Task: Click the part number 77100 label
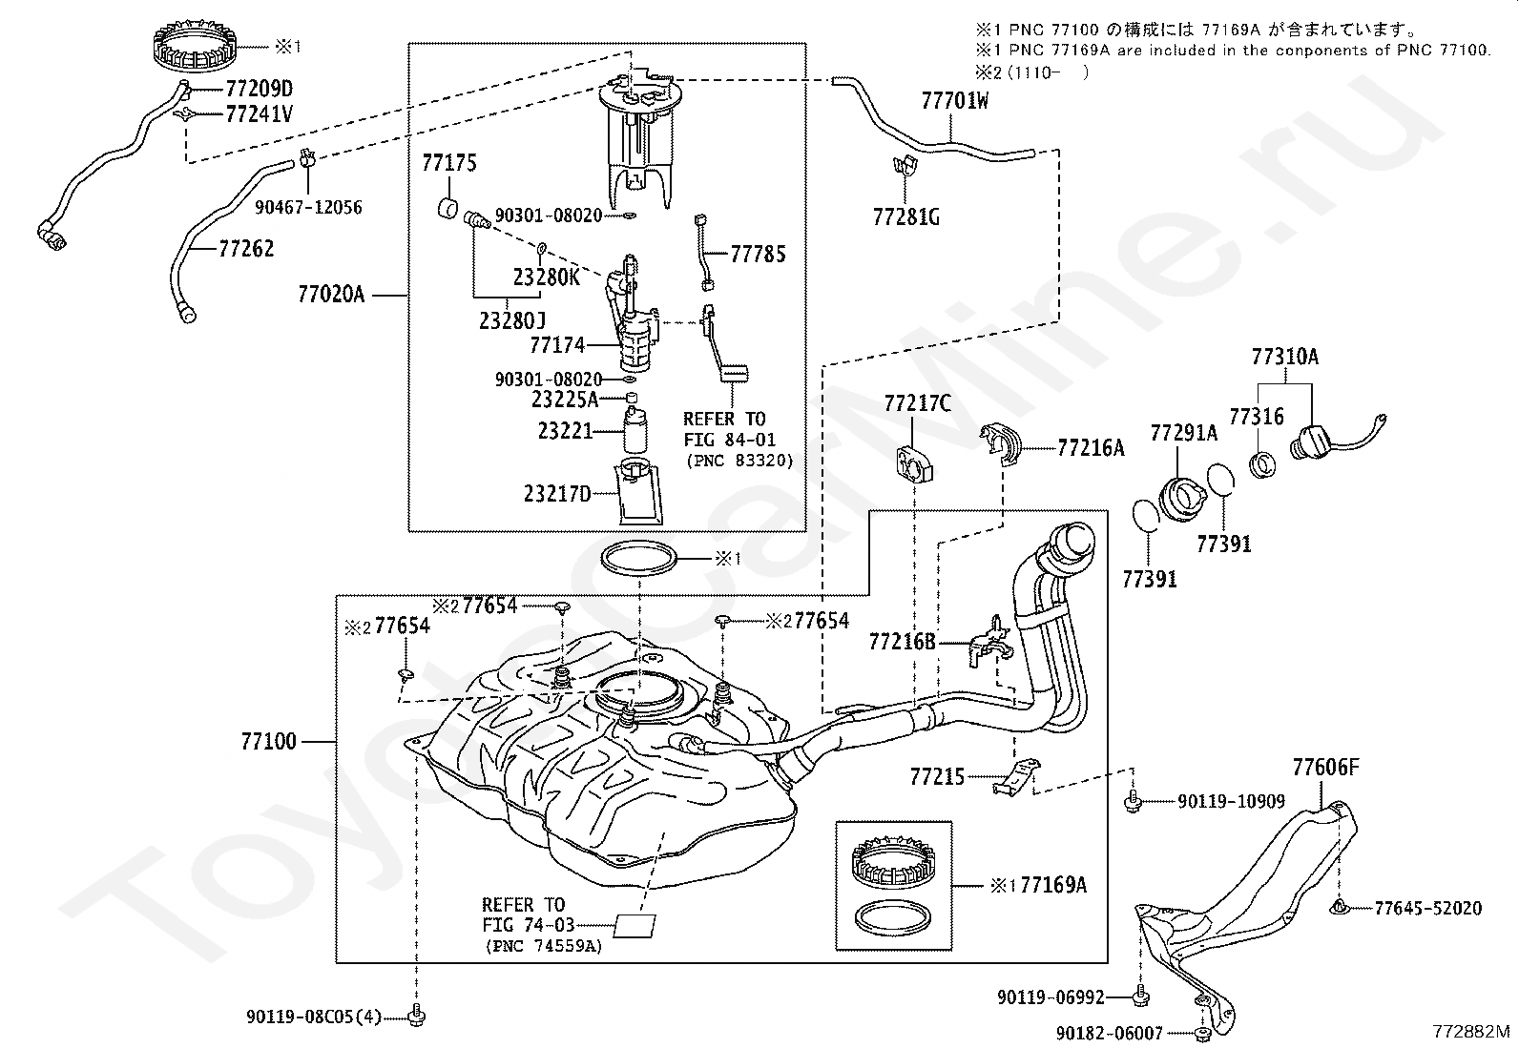click(268, 741)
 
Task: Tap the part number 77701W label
click(954, 100)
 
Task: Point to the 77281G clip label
click(905, 217)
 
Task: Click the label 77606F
click(1325, 767)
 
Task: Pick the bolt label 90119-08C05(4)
click(313, 1017)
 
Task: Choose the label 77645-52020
click(1427, 909)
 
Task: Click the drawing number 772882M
click(1471, 1032)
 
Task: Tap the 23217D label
click(557, 494)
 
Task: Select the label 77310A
click(1284, 357)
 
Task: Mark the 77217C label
click(917, 403)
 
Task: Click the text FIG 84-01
click(729, 440)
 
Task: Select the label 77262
click(246, 249)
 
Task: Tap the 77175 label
click(448, 163)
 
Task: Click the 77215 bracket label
click(937, 777)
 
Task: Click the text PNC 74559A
click(544, 946)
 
